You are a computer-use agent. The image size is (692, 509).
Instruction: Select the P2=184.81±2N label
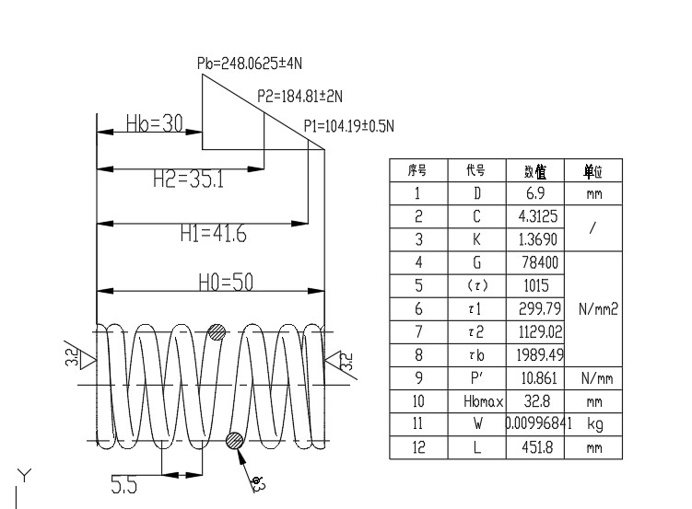click(x=299, y=95)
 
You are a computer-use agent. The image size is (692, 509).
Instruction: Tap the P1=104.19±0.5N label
click(x=355, y=126)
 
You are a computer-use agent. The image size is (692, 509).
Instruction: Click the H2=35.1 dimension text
click(x=188, y=179)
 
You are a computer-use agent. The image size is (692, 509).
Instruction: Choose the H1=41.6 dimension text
click(x=213, y=235)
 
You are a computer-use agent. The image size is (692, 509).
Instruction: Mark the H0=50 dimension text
click(x=226, y=282)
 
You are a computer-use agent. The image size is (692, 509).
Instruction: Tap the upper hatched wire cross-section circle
click(x=217, y=332)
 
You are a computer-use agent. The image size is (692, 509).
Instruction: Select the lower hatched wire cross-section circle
click(x=235, y=440)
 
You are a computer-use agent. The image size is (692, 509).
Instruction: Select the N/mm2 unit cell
click(x=598, y=309)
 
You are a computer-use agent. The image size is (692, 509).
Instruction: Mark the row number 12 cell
click(x=417, y=448)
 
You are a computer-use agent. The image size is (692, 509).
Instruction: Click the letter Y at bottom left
click(x=26, y=476)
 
